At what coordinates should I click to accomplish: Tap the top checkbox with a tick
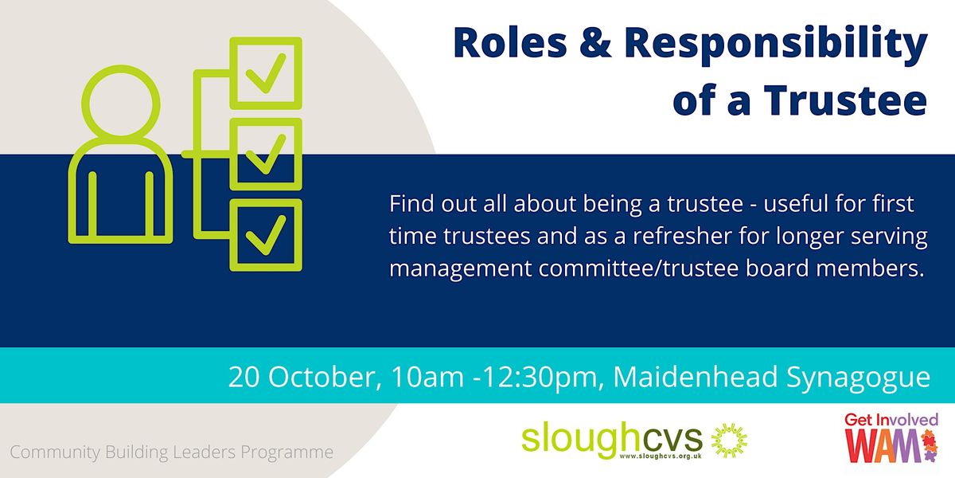[x=265, y=73]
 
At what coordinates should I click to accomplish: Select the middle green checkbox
[x=265, y=153]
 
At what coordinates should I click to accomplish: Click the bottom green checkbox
[x=265, y=234]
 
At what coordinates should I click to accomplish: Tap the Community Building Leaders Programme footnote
[x=172, y=453]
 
